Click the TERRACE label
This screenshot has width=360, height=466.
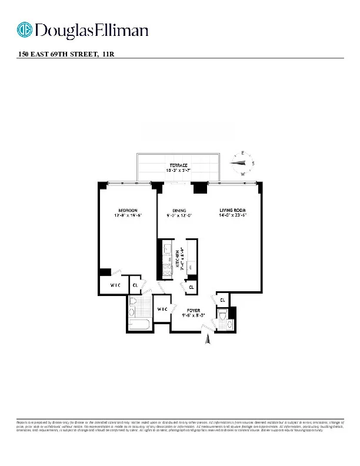click(179, 165)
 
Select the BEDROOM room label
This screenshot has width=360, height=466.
click(128, 211)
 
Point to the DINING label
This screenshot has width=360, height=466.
click(179, 211)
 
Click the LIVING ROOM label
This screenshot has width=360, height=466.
click(233, 211)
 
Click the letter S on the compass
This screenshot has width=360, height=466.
click(253, 163)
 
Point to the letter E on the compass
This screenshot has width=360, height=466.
click(243, 153)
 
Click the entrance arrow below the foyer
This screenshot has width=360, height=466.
click(206, 339)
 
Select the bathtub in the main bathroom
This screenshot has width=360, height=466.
click(139, 324)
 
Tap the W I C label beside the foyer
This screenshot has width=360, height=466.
click(161, 309)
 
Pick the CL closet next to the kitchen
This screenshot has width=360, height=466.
click(191, 287)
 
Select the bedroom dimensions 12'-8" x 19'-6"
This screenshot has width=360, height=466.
click(128, 216)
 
